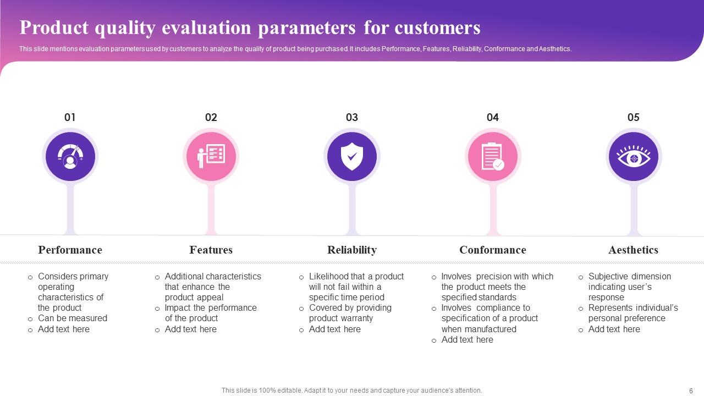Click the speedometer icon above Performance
click(70, 157)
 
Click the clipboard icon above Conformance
click(493, 157)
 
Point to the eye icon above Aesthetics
click(634, 156)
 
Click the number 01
click(70, 117)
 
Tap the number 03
click(351, 117)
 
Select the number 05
click(633, 117)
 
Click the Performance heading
click(70, 250)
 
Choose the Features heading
click(211, 250)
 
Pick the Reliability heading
click(352, 250)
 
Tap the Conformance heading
click(493, 250)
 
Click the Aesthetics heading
click(633, 250)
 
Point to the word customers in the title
click(437, 28)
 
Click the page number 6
click(691, 391)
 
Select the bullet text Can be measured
click(73, 318)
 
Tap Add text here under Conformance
click(468, 339)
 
